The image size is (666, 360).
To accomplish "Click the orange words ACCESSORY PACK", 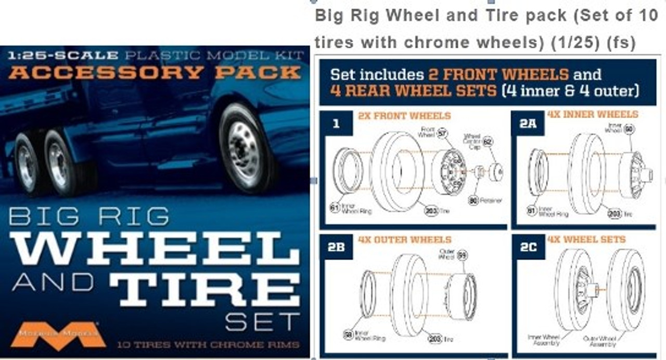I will pos(155,72).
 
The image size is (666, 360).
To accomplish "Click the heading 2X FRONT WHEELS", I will pos(404,116).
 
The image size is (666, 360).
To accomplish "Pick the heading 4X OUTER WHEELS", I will pos(405,240).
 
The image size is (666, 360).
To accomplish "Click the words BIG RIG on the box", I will pos(88,216).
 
